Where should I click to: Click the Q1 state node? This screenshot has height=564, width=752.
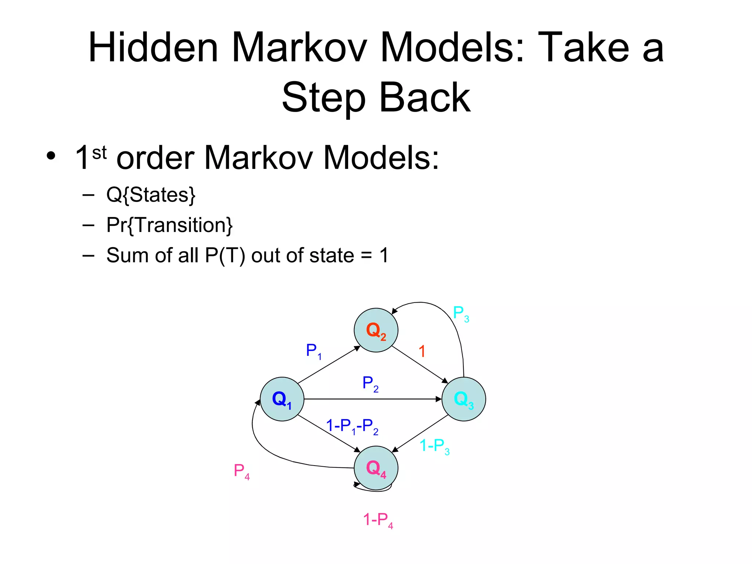(282, 399)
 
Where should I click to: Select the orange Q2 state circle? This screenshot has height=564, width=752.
(376, 330)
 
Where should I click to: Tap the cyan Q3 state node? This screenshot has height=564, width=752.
(463, 399)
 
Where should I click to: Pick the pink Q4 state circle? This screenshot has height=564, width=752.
(376, 468)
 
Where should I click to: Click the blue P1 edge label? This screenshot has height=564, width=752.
(314, 351)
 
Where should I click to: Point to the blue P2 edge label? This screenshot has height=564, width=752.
(370, 384)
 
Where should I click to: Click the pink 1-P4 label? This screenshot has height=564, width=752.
(378, 520)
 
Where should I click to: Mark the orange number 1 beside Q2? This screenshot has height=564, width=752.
(422, 351)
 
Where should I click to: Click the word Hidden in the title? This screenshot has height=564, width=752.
(153, 48)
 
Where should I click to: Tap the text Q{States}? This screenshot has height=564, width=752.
(151, 195)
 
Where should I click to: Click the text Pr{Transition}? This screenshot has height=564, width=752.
(169, 225)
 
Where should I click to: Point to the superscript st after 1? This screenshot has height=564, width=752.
(99, 153)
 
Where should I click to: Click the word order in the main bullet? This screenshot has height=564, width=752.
(155, 158)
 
